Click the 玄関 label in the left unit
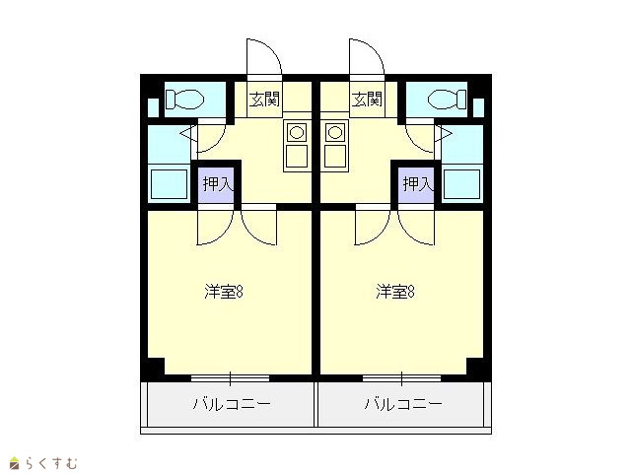click(264, 99)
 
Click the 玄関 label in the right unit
click(367, 99)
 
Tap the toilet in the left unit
click(184, 99)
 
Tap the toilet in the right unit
click(447, 99)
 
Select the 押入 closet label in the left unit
click(218, 184)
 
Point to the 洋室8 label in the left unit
click(224, 292)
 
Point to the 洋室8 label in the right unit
click(395, 292)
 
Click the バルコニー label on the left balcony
click(232, 404)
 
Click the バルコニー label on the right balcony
click(403, 404)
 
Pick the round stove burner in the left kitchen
click(297, 132)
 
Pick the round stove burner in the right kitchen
click(335, 132)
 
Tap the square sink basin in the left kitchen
click(297, 156)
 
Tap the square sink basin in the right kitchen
click(335, 156)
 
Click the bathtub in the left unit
click(169, 184)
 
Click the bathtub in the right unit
click(461, 184)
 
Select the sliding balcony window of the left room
click(230, 378)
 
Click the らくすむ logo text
click(51, 463)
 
